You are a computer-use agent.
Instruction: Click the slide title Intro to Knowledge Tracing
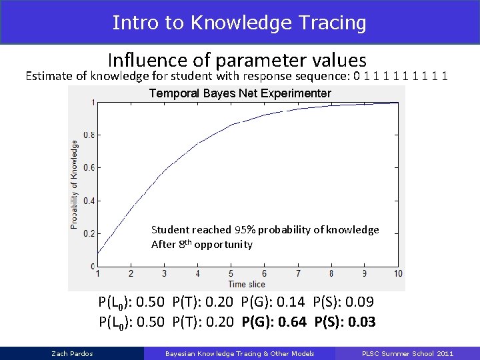239,23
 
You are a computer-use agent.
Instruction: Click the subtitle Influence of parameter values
237,61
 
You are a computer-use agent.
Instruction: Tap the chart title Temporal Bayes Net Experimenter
240,93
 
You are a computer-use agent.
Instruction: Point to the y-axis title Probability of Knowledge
74,184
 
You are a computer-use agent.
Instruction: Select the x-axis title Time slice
247,284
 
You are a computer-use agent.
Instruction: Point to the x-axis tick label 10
398,274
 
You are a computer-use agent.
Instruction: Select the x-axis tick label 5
231,274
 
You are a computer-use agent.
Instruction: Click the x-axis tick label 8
331,274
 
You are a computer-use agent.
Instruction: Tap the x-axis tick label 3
165,274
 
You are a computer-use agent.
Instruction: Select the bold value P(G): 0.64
274,323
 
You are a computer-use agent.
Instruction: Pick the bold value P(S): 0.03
345,323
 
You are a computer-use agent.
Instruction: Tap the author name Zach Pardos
72,353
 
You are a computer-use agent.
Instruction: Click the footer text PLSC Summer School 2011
407,353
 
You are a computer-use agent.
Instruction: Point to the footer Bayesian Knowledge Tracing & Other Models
239,353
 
